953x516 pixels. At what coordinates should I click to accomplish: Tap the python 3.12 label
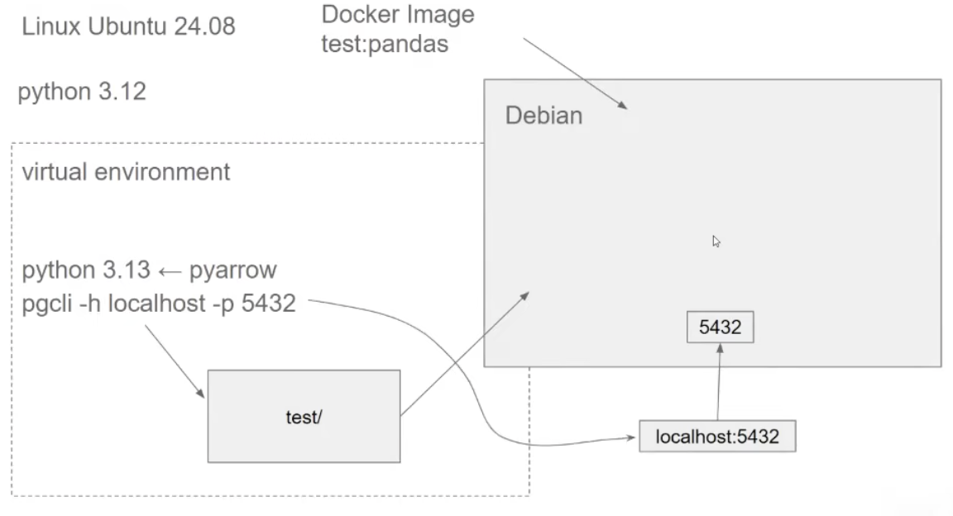(x=82, y=92)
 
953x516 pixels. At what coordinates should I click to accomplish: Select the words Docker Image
(x=397, y=16)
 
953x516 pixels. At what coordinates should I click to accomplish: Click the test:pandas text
(x=385, y=43)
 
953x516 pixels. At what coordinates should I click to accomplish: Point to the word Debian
(x=544, y=115)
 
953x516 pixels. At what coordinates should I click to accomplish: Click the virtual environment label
(x=126, y=173)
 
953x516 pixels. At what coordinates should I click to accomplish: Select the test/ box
(x=303, y=415)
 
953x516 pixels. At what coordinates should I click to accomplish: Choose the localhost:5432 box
(x=717, y=437)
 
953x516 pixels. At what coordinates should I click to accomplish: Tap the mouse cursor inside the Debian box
(x=716, y=241)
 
